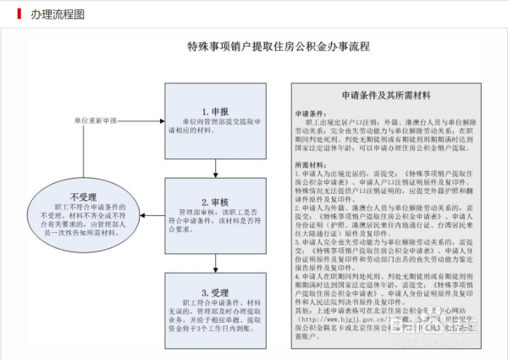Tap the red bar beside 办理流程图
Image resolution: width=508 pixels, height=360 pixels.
pos(19,14)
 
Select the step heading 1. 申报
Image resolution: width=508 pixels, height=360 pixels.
pos(215,111)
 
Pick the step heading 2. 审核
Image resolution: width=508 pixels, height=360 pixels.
pos(215,202)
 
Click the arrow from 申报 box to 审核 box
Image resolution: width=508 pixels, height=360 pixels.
pos(215,169)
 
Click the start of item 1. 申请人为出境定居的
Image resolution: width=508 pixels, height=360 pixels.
pos(298,173)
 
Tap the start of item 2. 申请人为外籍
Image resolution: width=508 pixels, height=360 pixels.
pos(298,208)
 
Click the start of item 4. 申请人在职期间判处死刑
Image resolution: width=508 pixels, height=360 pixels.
pos(298,276)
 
